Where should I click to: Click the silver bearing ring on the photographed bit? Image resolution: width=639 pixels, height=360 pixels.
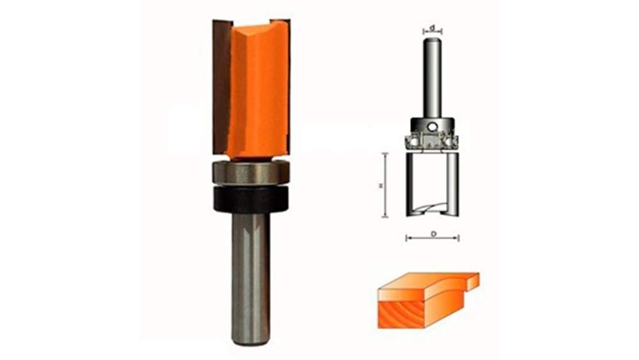[251, 173]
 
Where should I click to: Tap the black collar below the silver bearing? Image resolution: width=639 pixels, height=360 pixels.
[251, 199]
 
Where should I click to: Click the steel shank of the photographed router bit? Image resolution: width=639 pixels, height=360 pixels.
[250, 275]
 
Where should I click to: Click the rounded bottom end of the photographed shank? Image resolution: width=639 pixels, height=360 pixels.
[250, 341]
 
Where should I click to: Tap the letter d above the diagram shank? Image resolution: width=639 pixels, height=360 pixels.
[433, 27]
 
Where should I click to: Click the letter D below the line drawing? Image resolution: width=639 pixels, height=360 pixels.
[433, 234]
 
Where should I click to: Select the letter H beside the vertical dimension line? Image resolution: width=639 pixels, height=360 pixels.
[381, 185]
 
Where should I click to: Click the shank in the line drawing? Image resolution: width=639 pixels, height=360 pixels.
[433, 77]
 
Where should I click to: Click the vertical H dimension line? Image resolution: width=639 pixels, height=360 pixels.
[385, 185]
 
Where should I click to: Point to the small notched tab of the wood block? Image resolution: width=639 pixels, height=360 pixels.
[471, 280]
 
